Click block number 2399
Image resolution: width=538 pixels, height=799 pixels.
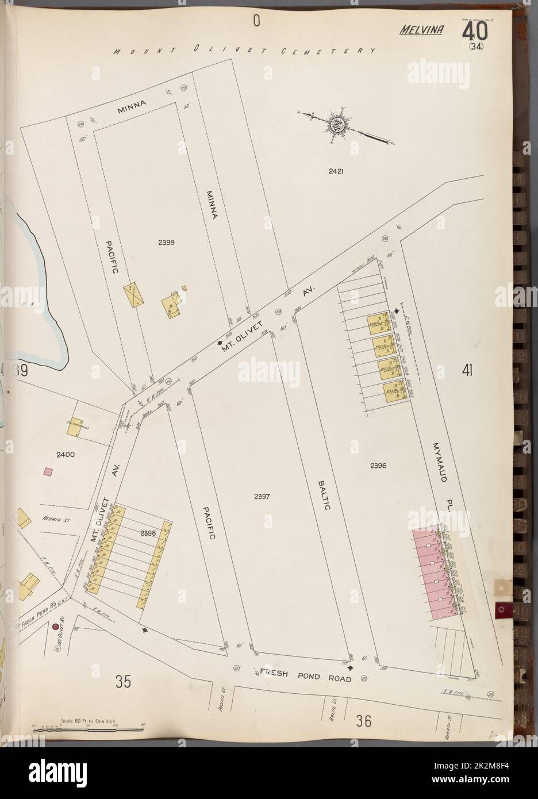click(x=166, y=242)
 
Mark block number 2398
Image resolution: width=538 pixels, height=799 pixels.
click(x=148, y=533)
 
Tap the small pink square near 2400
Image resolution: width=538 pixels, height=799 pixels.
click(x=49, y=471)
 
